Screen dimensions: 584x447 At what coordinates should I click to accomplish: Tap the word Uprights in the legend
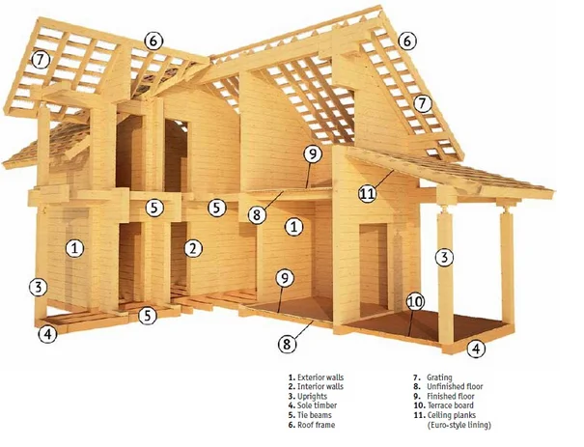tap(313, 397)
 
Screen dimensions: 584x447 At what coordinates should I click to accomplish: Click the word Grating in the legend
tap(439, 377)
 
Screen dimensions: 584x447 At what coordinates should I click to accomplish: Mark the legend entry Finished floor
tap(449, 397)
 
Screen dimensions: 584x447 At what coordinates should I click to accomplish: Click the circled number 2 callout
tap(194, 248)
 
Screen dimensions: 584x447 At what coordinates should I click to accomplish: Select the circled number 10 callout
tap(414, 301)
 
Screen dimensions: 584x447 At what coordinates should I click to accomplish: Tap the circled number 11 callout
tap(367, 193)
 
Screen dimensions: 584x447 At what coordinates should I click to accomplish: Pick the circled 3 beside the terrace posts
tap(444, 258)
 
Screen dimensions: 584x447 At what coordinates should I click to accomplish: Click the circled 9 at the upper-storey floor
tap(311, 154)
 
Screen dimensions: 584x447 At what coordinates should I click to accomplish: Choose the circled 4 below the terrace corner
tap(474, 349)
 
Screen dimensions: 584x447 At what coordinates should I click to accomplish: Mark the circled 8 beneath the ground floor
tap(286, 343)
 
